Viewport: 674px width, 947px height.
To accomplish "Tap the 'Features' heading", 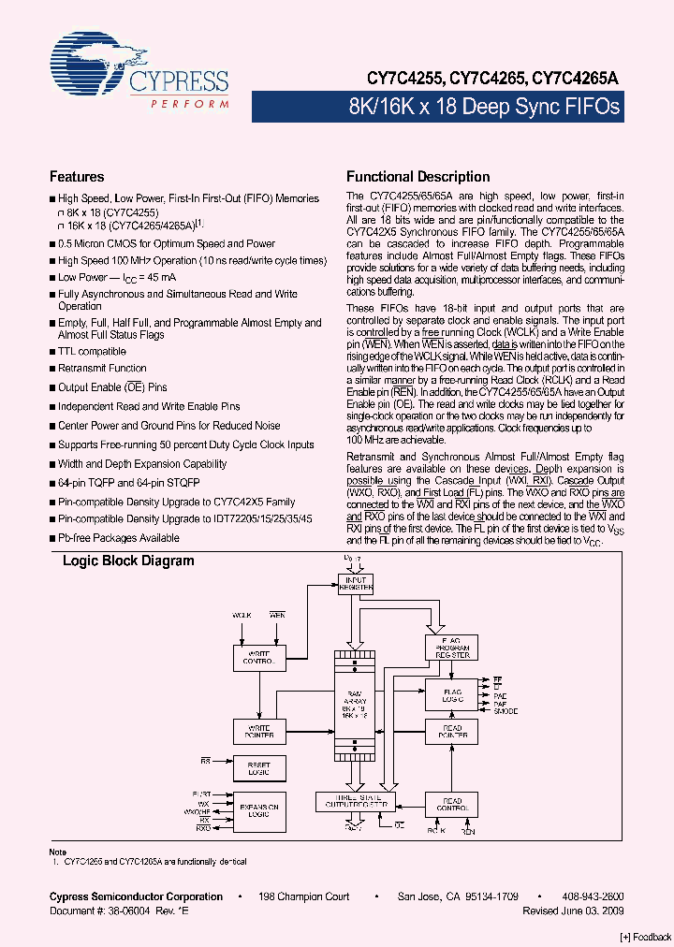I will click(x=76, y=177).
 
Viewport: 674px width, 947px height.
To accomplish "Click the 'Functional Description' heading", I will click(x=418, y=177).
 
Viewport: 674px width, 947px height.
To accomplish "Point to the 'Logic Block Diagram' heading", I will click(x=128, y=561).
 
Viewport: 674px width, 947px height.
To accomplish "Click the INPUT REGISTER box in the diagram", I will click(x=356, y=582).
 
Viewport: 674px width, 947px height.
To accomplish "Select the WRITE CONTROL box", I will click(x=258, y=657).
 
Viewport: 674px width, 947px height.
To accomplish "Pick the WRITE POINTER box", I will click(x=258, y=732).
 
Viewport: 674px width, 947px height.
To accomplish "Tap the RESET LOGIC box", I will click(x=258, y=767).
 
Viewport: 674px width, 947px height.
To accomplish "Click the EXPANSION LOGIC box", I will click(x=258, y=810).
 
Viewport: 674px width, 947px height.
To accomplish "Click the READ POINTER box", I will click(x=452, y=732).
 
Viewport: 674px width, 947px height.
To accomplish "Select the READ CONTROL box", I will click(x=452, y=805).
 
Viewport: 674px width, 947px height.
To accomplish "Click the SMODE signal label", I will click(x=506, y=712).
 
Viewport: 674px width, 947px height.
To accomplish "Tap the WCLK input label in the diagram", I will click(x=242, y=615).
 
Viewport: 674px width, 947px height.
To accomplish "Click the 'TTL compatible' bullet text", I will click(x=92, y=352).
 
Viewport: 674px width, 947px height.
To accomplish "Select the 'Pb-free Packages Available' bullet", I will click(x=118, y=538).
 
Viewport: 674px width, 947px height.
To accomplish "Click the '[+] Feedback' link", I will click(x=646, y=937).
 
